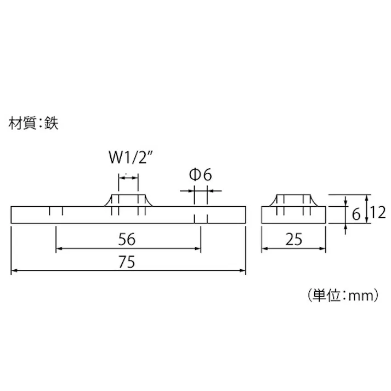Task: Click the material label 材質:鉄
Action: coord(34,123)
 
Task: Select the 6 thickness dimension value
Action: coord(356,214)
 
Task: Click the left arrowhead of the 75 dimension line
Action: coord(14,270)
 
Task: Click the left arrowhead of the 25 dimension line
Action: coord(264,248)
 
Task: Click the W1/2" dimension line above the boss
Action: coord(128,176)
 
